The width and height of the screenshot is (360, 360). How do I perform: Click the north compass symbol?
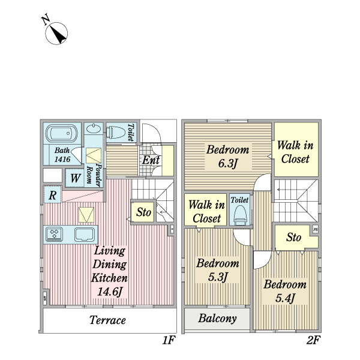coord(56,33)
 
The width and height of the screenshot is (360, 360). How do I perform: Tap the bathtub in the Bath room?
coord(62,133)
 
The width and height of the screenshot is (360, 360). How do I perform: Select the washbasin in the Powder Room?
coord(94,129)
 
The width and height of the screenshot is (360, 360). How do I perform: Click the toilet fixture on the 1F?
coord(116,132)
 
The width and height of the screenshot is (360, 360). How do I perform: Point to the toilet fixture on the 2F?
coord(241,215)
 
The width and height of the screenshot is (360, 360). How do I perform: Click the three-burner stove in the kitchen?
coord(54,234)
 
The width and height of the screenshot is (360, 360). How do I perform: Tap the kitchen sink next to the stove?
coord(85,235)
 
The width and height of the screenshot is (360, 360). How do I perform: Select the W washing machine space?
coord(75,178)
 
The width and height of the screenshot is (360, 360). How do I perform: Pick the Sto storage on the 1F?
coord(143,212)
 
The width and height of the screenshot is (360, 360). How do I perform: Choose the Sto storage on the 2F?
coord(293,237)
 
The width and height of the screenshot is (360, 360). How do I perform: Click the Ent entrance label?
coord(151,160)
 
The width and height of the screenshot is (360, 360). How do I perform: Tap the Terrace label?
coord(107,320)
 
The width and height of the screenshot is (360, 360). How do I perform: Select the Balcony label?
coord(217,319)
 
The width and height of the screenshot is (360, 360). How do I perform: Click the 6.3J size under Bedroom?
coord(227,163)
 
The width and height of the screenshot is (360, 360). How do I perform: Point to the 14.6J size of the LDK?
coord(109,292)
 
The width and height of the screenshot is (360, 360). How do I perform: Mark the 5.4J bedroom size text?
coord(285,298)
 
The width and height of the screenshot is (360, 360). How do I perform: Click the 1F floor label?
coord(169,340)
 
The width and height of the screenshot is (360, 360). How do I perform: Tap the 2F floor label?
coord(313,340)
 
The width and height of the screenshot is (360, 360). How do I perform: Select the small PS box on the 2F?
coord(316,229)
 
